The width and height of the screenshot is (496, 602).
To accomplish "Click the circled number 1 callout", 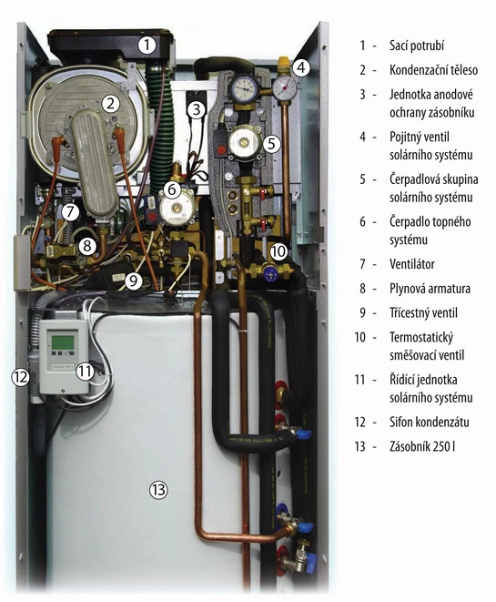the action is coord(147,46).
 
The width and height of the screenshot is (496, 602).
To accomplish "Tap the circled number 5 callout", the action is coord(271,144).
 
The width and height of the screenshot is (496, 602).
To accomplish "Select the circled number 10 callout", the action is coord(278,251).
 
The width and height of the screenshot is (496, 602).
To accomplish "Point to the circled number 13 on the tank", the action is coord(158,489).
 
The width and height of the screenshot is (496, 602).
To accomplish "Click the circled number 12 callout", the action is coord(20,377).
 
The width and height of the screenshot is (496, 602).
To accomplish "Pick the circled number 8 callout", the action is coord(87,246).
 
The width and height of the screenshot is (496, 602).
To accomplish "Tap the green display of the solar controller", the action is coord(63,342).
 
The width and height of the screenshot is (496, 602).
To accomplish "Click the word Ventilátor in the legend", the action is coord(412,264).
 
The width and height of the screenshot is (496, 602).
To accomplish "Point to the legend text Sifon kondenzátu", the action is coord(430,422).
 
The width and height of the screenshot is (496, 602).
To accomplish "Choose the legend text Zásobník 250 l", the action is coord(422,446).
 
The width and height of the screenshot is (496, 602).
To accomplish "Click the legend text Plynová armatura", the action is coord(430,289).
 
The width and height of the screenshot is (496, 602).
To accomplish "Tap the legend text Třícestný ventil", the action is coord(423,312).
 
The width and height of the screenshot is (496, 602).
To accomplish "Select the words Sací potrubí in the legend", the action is coord(417,46).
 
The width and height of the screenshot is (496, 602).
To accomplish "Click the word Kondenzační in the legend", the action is coord(419,70).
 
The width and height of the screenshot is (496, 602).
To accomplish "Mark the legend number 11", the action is coord(359,380).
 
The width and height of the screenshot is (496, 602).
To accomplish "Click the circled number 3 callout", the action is coord(197,109).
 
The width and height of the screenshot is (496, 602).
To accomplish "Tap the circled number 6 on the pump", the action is coord(172,189).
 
